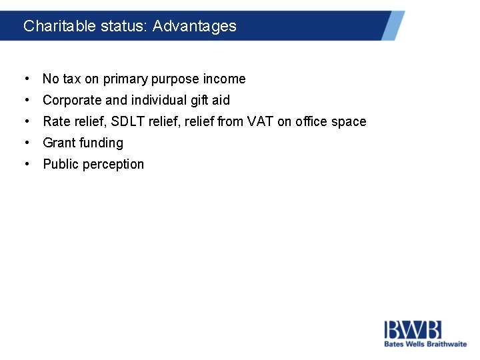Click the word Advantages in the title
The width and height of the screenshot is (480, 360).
tap(194, 26)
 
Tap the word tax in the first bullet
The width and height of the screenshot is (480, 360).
tap(71, 79)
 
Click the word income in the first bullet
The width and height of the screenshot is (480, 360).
tap(224, 79)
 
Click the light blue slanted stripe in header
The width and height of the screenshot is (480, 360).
tap(393, 25)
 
